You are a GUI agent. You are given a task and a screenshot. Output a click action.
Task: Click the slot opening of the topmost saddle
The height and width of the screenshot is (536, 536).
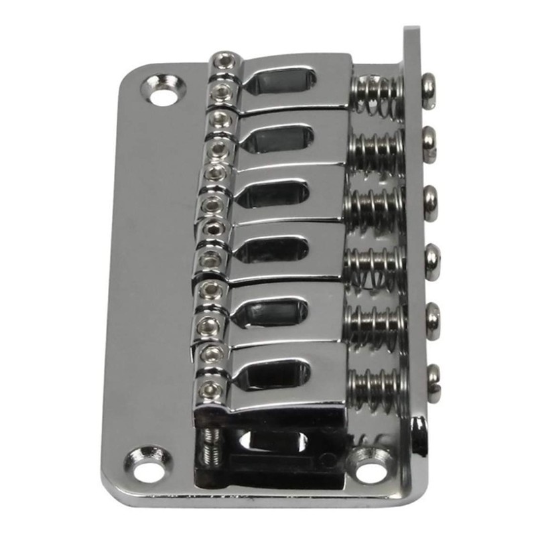tap(281, 82)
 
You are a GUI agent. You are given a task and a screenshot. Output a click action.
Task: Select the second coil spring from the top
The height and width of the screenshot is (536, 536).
tap(377, 143)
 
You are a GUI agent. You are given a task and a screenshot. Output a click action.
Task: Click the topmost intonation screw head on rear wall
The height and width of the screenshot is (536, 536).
tap(429, 89)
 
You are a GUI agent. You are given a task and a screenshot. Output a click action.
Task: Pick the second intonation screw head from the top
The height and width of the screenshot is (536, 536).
tap(429, 143)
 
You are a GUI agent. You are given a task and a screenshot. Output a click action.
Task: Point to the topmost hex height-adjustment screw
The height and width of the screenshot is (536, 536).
tap(225, 60)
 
